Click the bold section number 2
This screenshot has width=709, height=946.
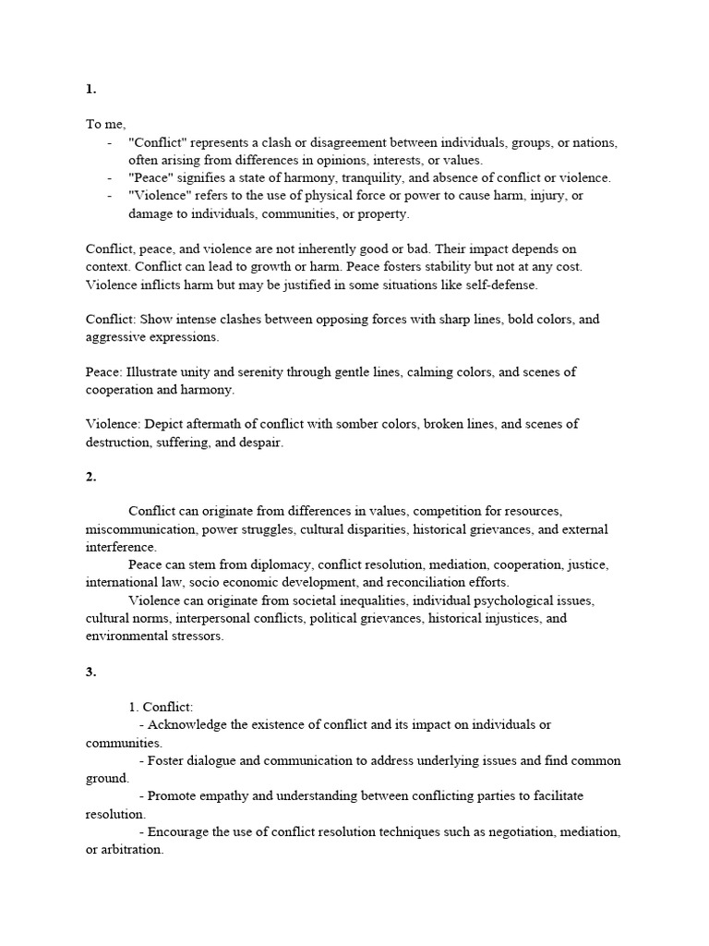90,477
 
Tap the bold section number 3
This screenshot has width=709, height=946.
90,672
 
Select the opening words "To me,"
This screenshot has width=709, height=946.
105,125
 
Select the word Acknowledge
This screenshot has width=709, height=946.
189,725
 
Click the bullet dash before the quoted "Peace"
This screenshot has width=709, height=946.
110,178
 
